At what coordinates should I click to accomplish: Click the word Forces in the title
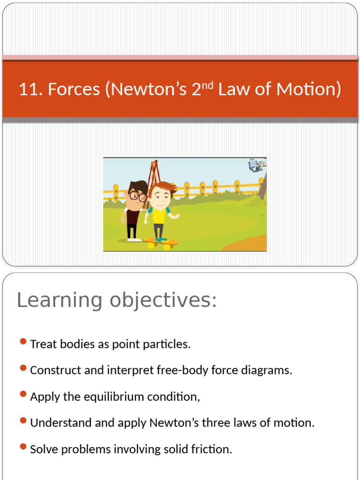(x=74, y=89)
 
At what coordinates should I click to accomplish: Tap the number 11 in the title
(x=28, y=89)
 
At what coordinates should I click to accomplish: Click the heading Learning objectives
(x=117, y=300)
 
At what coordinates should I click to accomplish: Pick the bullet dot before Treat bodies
(x=23, y=342)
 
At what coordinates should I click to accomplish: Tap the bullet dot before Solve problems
(x=23, y=447)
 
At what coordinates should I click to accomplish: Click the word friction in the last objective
(x=210, y=450)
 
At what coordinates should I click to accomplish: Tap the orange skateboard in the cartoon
(x=162, y=243)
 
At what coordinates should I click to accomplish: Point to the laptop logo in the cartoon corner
(x=256, y=165)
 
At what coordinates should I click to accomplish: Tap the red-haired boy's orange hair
(x=163, y=188)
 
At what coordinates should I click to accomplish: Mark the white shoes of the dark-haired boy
(x=134, y=240)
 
